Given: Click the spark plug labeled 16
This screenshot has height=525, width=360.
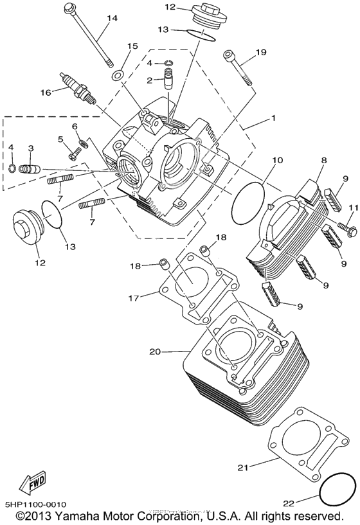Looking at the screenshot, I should [x=80, y=87].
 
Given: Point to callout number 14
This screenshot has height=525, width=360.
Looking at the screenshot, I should [x=113, y=18].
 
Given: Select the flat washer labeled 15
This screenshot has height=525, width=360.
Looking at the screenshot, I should [x=118, y=76].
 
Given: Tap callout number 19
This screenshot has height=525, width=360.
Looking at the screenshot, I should [x=261, y=53].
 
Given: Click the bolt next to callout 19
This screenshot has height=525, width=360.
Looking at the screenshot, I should [x=236, y=67].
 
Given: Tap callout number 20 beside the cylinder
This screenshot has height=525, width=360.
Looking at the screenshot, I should [x=155, y=351].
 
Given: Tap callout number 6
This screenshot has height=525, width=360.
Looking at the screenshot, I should [x=75, y=126].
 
